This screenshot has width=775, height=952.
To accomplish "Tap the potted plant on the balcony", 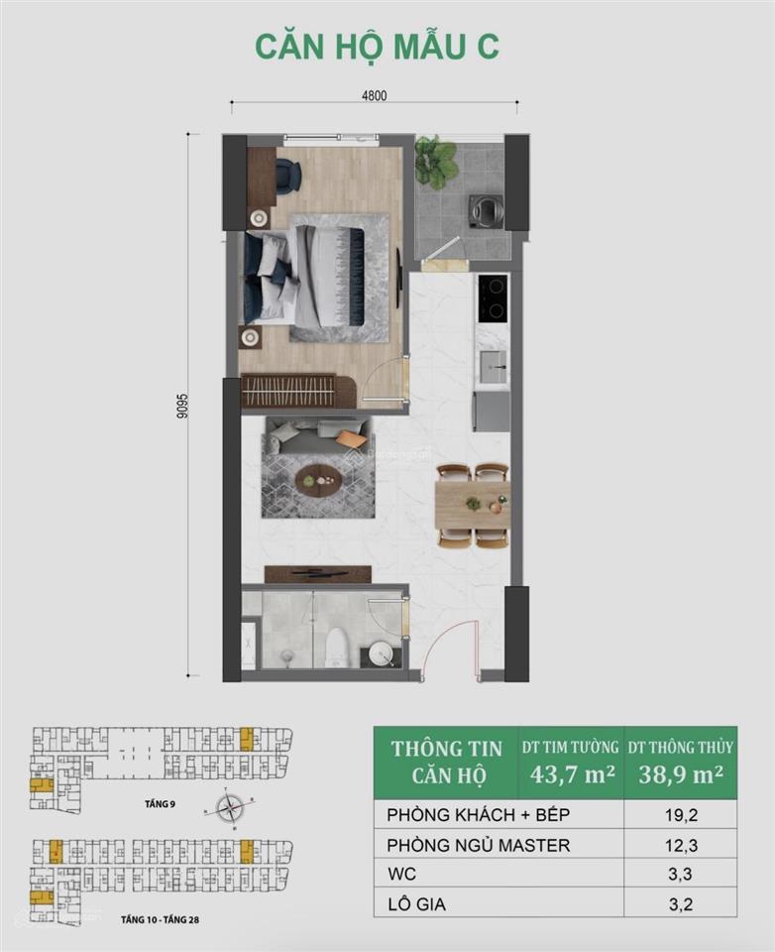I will pyautogui.click(x=435, y=161).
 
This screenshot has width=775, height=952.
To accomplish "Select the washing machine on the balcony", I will pyautogui.click(x=487, y=209).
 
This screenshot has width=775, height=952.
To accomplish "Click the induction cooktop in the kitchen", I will pyautogui.click(x=493, y=297).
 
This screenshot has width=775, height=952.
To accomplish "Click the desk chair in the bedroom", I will pyautogui.click(x=288, y=175).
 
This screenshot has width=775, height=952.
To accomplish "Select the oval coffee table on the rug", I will pyautogui.click(x=318, y=479).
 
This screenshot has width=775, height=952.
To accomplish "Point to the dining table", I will pyautogui.click(x=473, y=505).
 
